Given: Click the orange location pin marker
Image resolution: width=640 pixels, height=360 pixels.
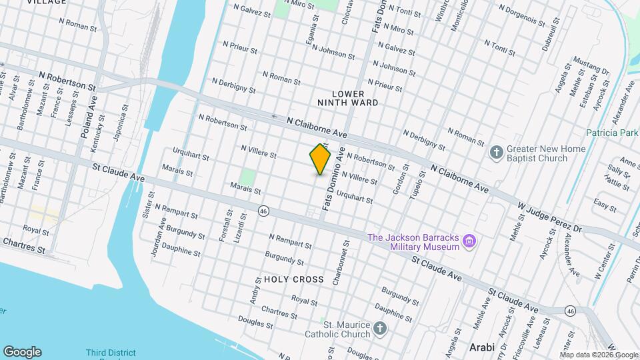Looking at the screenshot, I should point(321,159).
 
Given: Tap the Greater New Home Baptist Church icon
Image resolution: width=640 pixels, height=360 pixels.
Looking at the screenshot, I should point(497,153).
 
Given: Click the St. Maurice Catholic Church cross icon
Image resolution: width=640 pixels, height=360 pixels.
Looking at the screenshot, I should point(379,329).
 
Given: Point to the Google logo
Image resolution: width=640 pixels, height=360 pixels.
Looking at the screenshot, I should point(22,352).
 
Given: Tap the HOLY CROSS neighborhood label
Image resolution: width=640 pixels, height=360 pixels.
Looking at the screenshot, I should point(293,279).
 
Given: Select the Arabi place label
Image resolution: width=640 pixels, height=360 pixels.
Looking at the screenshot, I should point(482,347).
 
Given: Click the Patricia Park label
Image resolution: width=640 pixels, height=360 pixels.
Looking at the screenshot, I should point(613,133).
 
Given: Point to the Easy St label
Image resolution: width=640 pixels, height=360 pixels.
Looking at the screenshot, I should point(605,204).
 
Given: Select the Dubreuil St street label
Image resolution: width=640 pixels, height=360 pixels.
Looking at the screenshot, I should point(531,29).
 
